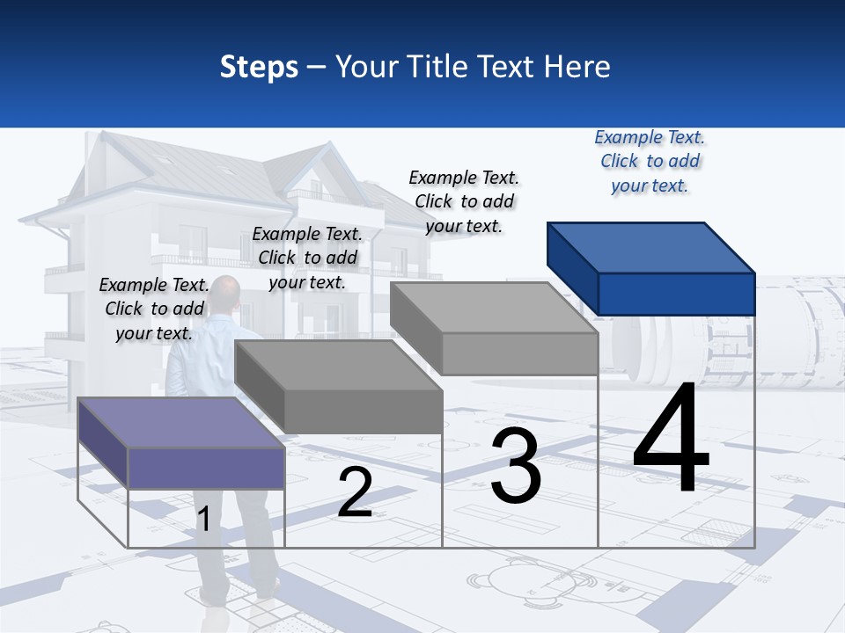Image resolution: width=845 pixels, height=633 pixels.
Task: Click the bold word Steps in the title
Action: [259, 67]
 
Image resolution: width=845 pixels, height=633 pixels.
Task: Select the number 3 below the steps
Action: [516, 466]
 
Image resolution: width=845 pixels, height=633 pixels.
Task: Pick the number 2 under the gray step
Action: [355, 493]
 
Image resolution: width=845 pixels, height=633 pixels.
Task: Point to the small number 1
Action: [203, 519]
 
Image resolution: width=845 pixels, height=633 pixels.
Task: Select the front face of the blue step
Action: [676, 294]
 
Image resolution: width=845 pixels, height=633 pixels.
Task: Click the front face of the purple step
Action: [206, 468]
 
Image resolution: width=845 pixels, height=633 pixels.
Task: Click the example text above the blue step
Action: [650, 162]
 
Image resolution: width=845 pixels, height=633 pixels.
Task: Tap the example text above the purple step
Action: [154, 309]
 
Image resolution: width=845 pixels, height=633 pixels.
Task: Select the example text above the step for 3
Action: [464, 201]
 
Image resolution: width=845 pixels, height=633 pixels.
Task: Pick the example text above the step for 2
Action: [307, 258]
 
